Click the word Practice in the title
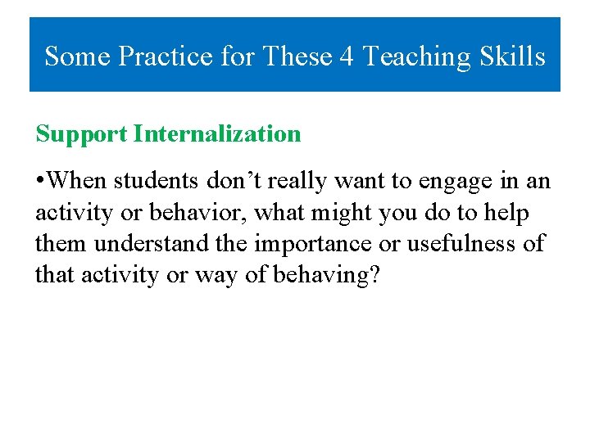coord(166,56)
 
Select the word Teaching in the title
coord(415,56)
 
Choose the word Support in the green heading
coord(81,134)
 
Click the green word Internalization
coord(217,134)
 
